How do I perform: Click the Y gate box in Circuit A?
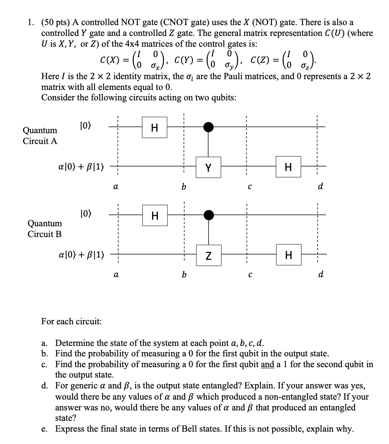click(208, 167)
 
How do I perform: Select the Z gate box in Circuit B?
click(208, 255)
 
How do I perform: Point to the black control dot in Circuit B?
click(208, 214)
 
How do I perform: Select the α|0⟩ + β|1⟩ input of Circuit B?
click(81, 255)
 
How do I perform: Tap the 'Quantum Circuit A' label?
click(40, 136)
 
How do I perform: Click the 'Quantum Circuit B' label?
click(44, 229)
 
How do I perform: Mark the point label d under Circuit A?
click(320, 186)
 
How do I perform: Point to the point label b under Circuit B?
click(184, 275)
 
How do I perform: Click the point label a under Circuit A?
click(115, 186)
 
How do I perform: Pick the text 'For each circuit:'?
click(71, 321)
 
